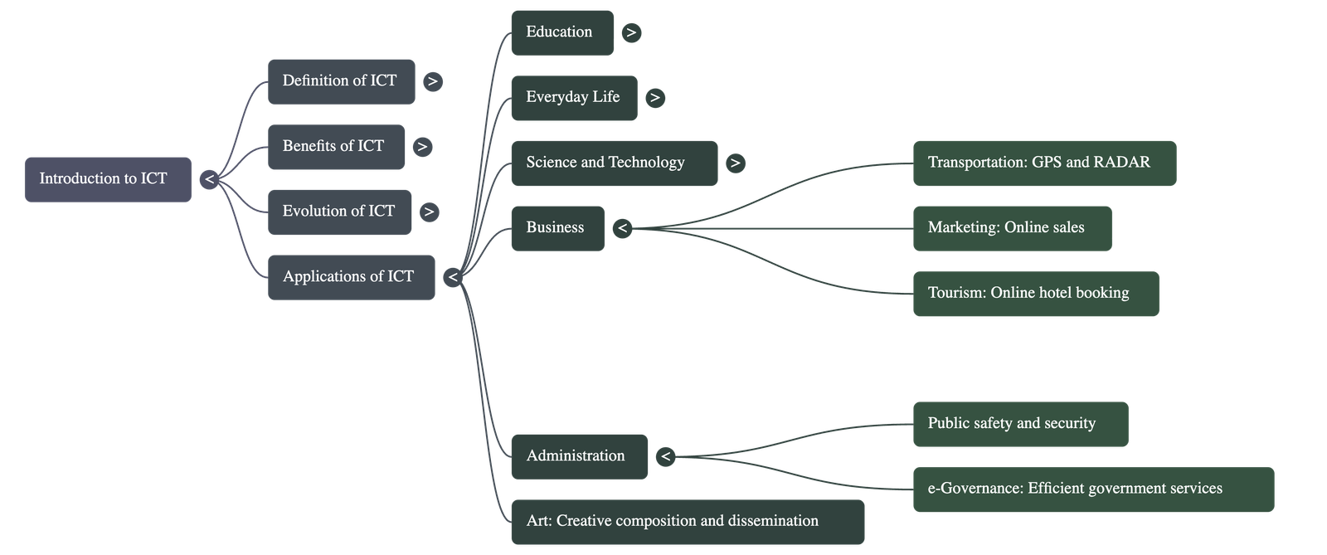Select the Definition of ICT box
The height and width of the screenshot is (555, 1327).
click(341, 81)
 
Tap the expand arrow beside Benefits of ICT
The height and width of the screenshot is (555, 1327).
click(422, 147)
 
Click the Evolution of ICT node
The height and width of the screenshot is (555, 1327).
click(339, 212)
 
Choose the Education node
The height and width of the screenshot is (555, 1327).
click(561, 32)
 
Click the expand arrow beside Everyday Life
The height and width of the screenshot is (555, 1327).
click(654, 98)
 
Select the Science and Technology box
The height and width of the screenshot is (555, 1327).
click(614, 163)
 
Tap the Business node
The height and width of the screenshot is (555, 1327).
click(557, 228)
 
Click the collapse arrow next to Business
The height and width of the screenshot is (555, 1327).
click(623, 228)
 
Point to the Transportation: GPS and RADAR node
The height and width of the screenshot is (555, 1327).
click(1043, 163)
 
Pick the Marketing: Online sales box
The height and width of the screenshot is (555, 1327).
click(1011, 228)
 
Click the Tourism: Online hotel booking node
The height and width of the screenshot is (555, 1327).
click(1035, 294)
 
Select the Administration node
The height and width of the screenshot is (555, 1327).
click(579, 456)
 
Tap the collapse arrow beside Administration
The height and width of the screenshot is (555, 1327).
click(665, 456)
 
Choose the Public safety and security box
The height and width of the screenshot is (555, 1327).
click(1019, 424)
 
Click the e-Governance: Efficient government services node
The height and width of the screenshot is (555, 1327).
click(1092, 489)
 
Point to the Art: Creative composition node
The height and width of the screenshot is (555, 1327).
click(687, 522)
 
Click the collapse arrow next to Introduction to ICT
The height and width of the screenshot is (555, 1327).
click(209, 179)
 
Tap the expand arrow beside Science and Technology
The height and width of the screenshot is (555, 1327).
click(735, 163)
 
